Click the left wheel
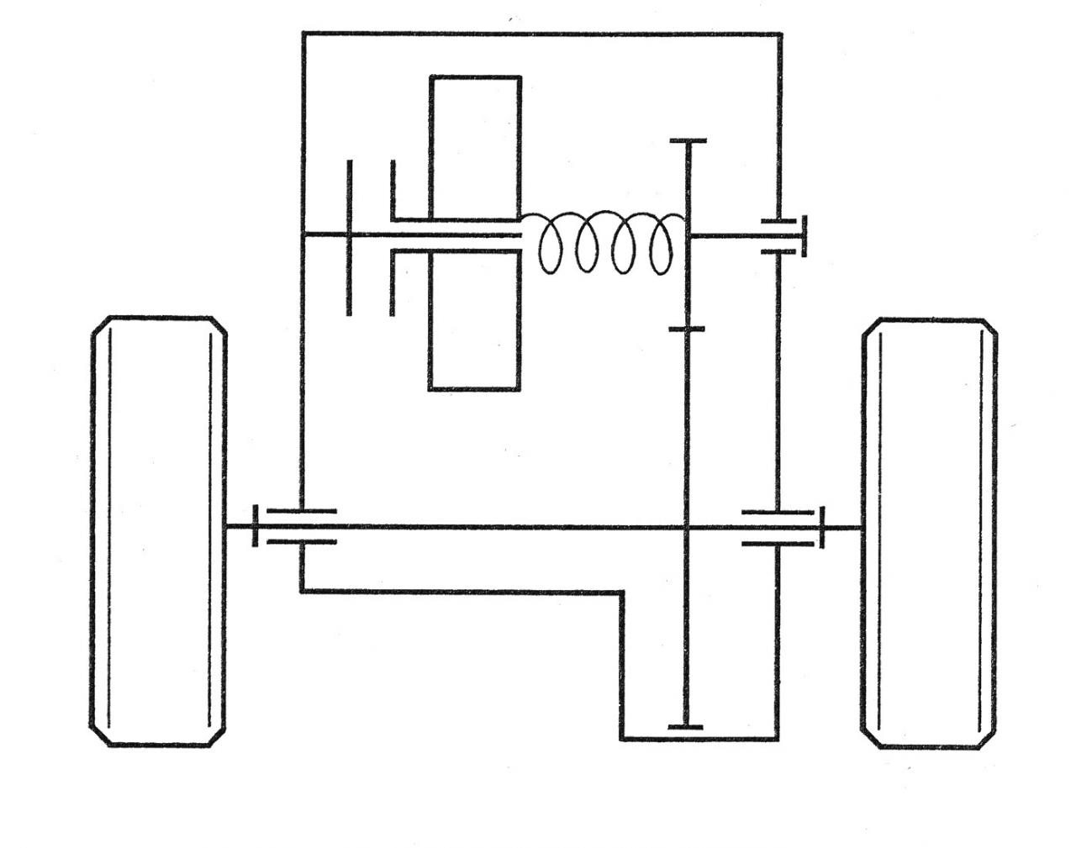click(x=158, y=531)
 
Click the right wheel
click(x=930, y=533)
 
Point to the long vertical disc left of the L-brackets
click(x=349, y=237)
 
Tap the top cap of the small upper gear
click(x=688, y=141)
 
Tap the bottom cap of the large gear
click(x=685, y=726)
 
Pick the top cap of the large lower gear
click(x=687, y=329)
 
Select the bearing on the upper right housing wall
click(x=779, y=236)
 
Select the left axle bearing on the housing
click(x=301, y=526)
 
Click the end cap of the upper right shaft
click(x=805, y=236)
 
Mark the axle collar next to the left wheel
click(x=256, y=526)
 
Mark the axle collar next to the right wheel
click(x=822, y=527)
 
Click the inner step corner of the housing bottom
click(x=623, y=593)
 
